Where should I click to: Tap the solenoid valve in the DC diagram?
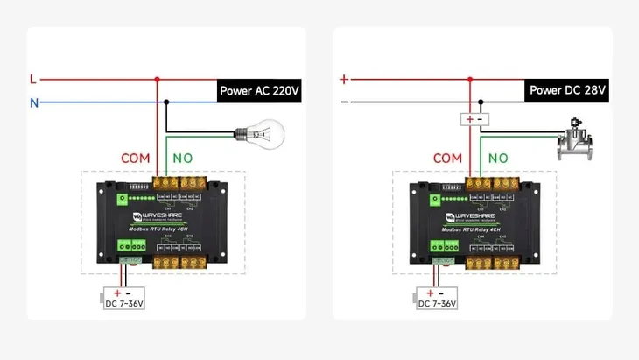click(575, 141)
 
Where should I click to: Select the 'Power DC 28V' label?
click(567, 90)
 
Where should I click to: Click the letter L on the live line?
click(33, 79)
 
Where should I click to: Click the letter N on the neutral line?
click(33, 102)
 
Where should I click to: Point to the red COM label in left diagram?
click(136, 159)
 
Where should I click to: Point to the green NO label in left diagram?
click(183, 159)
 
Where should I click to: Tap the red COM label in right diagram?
click(447, 159)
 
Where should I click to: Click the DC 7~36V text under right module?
click(437, 304)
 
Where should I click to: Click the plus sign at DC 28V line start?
click(344, 79)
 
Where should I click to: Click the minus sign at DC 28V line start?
click(344, 102)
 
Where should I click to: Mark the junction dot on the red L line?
click(158, 79)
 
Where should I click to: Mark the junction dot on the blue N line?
click(166, 102)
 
